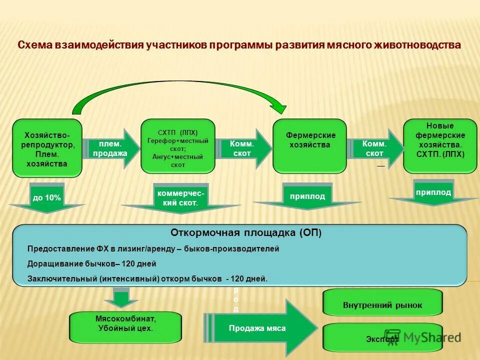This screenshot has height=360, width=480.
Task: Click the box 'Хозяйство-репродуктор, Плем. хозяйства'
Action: [x=47, y=148]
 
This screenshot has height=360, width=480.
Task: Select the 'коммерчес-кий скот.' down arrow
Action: [x=180, y=198]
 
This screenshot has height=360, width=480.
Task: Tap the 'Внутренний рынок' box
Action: [x=382, y=304]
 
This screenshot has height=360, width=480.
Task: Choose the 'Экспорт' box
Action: [x=382, y=339]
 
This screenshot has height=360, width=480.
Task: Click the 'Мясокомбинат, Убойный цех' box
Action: [x=125, y=324]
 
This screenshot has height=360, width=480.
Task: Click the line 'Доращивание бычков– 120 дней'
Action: [x=91, y=263]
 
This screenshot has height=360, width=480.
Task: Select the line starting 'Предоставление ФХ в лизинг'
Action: [x=153, y=248]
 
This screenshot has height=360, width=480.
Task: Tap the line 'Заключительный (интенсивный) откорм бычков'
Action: [x=147, y=279]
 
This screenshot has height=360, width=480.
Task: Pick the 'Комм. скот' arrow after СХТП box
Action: [x=243, y=148]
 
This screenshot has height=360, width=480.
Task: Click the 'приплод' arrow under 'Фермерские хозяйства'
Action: [x=307, y=197]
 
